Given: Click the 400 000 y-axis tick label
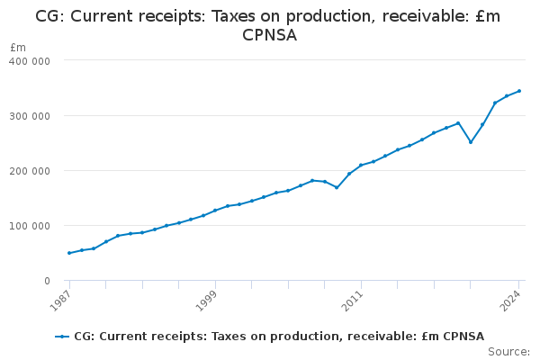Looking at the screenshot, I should (30, 60).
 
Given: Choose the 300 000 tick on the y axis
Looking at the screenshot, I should (30, 115).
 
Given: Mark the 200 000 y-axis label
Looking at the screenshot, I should (30, 171).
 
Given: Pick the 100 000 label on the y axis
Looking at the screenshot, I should (30, 226).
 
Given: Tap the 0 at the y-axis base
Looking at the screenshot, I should (46, 281).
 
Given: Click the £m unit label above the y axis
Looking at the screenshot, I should (18, 47).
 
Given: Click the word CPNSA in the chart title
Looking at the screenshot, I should (270, 35).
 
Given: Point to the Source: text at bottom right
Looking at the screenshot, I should (508, 351).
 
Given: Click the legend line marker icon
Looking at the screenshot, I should (62, 336).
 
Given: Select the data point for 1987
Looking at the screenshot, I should (69, 253).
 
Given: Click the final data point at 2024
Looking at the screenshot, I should (519, 91).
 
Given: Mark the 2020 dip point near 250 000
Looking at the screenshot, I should (471, 142).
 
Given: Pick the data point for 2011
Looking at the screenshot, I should (361, 166).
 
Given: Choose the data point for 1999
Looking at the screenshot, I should (215, 211).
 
